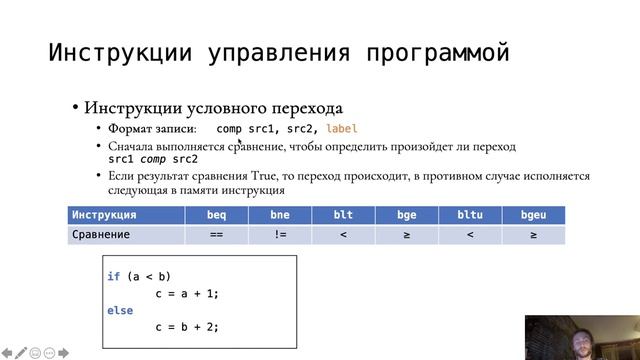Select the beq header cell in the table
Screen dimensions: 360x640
(x=217, y=215)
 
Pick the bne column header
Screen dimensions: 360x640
(x=280, y=215)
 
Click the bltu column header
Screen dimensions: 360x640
(x=469, y=215)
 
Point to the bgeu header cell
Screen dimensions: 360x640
(x=533, y=215)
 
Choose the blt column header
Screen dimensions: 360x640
(x=343, y=215)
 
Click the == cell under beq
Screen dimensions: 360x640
(x=217, y=235)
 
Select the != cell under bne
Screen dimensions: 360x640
(x=280, y=235)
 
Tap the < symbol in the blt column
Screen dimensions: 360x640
(x=343, y=235)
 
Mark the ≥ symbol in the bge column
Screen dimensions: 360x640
(x=406, y=235)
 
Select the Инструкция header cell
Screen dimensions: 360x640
(x=104, y=215)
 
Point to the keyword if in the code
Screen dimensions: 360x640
(x=113, y=276)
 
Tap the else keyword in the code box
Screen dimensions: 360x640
(x=119, y=310)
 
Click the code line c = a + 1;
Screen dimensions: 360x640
(x=187, y=293)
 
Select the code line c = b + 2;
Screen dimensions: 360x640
(x=187, y=327)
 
